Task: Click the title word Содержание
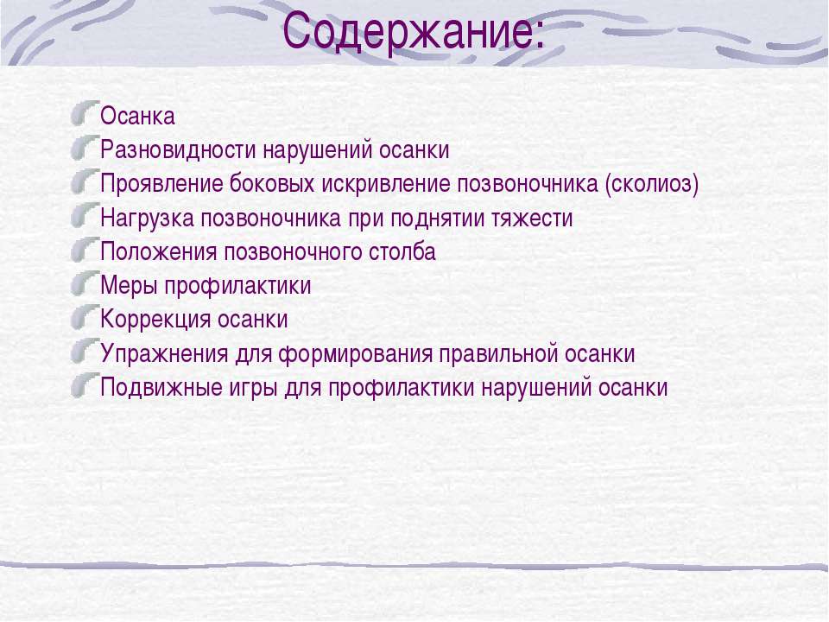click(407, 31)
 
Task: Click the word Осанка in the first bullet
click(137, 117)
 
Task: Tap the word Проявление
click(161, 184)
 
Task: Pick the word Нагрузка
click(147, 218)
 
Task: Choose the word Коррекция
click(155, 320)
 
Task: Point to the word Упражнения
click(164, 354)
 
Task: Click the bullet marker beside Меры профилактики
click(85, 283)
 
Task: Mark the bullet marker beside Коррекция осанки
click(85, 317)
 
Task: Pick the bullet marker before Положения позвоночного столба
click(85, 250)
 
